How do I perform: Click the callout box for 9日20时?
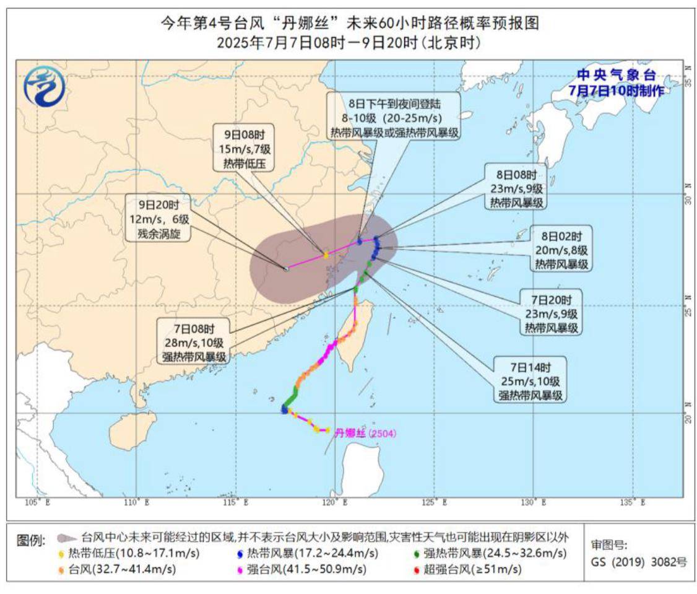click(x=158, y=219)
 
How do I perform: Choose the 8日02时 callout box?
click(x=561, y=250)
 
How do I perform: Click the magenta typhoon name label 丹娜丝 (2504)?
click(x=365, y=434)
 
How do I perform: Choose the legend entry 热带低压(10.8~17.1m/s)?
click(x=131, y=553)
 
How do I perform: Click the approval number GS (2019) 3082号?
click(x=639, y=563)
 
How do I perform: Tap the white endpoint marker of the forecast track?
click(x=286, y=269)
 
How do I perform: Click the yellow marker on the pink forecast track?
click(x=326, y=254)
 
